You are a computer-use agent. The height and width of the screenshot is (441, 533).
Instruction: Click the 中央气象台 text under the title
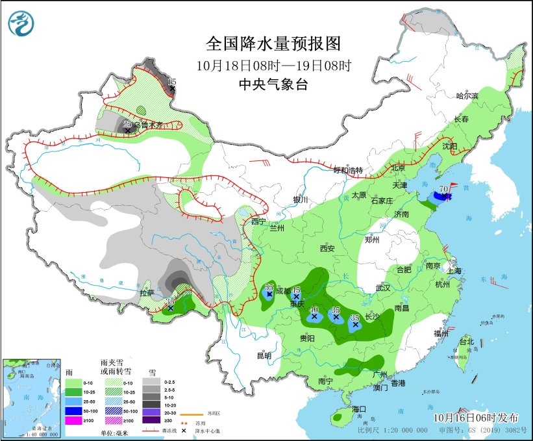(x=273, y=84)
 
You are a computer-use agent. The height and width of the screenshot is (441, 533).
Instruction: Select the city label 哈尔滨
(x=466, y=96)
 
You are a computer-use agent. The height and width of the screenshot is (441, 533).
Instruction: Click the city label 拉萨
(x=147, y=293)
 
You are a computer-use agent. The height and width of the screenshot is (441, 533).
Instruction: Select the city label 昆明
(x=264, y=355)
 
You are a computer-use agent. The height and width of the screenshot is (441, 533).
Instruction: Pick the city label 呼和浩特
(x=347, y=170)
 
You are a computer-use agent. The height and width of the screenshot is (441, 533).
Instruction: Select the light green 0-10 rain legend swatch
(x=74, y=383)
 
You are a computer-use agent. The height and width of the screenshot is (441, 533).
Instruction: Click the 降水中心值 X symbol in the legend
(x=184, y=430)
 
